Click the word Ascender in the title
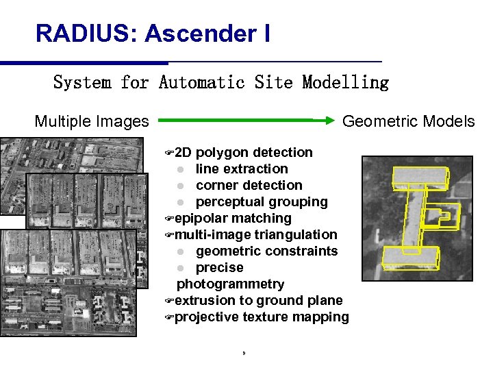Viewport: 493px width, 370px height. click(x=198, y=33)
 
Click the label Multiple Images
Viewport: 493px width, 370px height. click(x=92, y=122)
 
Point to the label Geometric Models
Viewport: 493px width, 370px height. click(x=408, y=122)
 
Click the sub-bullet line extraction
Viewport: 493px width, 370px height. click(x=242, y=169)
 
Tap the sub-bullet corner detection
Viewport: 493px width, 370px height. click(x=249, y=185)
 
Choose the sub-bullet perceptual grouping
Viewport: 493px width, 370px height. click(x=262, y=201)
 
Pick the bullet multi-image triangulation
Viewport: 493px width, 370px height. click(x=255, y=234)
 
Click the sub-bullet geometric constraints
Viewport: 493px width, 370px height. click(x=266, y=251)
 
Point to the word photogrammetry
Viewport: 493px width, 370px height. click(x=231, y=284)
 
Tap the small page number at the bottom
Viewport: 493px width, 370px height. click(x=244, y=354)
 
